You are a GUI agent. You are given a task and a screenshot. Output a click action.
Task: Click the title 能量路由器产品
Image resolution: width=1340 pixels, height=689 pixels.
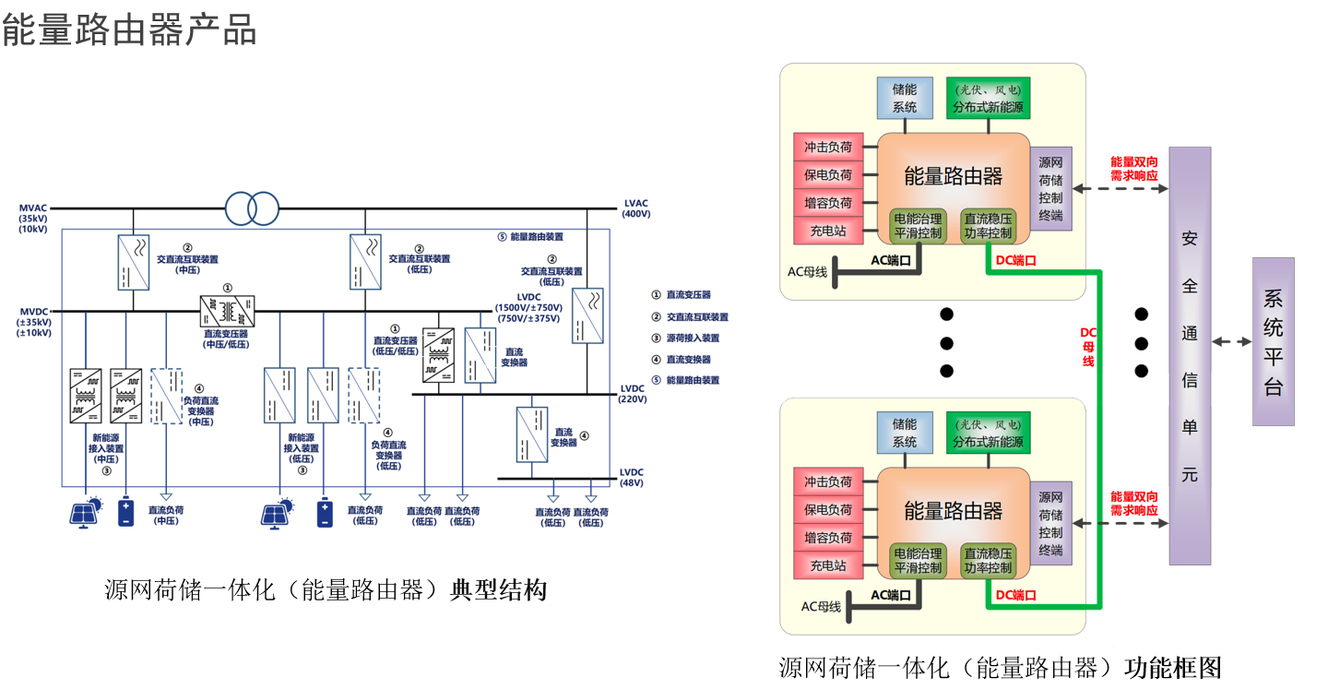click(x=129, y=30)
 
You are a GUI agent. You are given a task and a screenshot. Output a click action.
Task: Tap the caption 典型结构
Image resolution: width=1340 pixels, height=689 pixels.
click(x=498, y=590)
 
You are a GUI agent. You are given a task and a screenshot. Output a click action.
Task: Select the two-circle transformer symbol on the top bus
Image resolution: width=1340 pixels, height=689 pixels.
click(x=251, y=208)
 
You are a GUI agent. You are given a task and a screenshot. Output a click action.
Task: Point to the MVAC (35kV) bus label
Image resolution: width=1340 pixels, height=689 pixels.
click(x=33, y=219)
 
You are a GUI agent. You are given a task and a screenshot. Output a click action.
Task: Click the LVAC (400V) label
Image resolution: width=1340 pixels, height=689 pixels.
click(x=636, y=208)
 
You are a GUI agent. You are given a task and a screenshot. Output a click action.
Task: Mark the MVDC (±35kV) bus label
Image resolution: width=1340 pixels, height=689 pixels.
click(x=35, y=322)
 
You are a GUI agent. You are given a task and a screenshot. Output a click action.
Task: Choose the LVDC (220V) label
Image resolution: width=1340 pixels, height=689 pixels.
click(x=633, y=394)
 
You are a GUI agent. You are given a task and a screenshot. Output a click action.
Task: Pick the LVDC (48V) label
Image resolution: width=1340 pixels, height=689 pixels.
click(x=632, y=477)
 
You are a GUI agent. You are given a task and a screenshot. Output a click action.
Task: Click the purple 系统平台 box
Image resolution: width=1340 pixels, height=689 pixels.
click(x=1273, y=341)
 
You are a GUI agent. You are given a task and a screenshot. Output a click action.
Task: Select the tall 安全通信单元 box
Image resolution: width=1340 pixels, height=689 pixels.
click(x=1190, y=355)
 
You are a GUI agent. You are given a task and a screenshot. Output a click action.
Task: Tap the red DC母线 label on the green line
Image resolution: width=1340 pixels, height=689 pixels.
click(x=1089, y=346)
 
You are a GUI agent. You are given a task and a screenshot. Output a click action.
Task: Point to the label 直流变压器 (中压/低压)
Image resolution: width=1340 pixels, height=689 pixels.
click(x=228, y=339)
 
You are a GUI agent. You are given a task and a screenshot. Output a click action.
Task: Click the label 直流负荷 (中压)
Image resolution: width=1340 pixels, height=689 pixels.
click(x=167, y=516)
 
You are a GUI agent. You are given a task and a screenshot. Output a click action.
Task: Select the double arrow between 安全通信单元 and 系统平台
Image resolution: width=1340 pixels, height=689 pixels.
click(x=1231, y=341)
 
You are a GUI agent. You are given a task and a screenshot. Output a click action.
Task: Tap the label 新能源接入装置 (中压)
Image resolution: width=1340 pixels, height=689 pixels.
click(x=107, y=453)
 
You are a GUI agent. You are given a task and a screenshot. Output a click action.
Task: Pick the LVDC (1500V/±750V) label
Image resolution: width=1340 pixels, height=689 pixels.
click(x=528, y=313)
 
